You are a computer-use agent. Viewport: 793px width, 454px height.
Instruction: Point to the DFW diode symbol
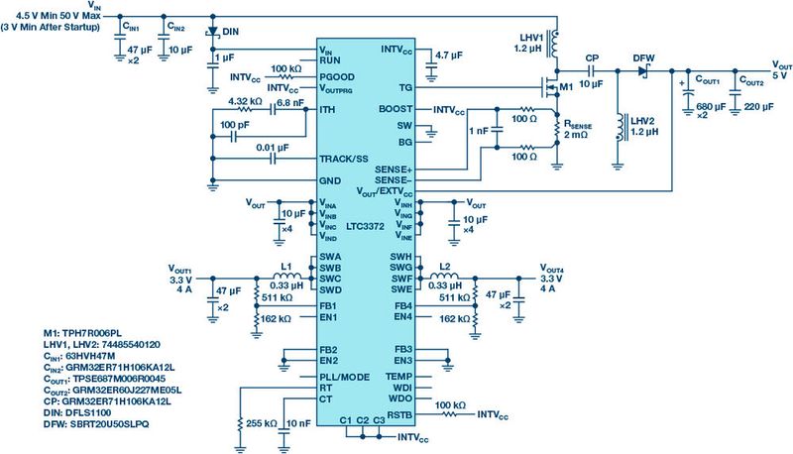click(643, 71)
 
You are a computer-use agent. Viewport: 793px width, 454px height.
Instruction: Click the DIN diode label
click(230, 31)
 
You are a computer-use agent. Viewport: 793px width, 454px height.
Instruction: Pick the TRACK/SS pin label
click(343, 158)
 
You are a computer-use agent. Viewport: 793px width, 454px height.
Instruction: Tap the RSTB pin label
click(398, 414)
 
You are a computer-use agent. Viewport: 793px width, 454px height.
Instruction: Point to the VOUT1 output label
click(180, 270)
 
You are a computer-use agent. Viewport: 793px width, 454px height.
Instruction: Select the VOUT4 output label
click(553, 270)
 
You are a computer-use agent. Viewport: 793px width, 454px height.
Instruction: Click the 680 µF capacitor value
click(706, 107)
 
